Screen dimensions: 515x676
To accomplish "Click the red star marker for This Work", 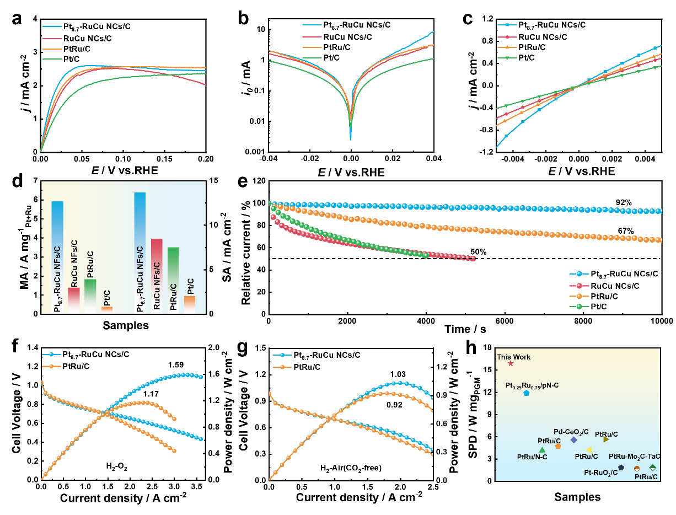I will point(511,363).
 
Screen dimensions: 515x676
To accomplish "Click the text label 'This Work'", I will point(514,357).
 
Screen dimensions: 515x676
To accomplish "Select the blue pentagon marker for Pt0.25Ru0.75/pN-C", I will point(527,393).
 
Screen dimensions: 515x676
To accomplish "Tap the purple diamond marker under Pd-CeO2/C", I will point(574,440).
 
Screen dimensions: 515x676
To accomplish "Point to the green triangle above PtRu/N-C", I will point(542,450).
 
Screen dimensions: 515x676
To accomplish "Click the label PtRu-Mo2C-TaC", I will point(634,457).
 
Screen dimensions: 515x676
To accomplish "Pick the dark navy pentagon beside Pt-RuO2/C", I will point(621,468).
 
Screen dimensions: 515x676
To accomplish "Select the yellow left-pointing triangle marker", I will point(589,450).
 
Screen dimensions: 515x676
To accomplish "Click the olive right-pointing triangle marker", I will point(606,439).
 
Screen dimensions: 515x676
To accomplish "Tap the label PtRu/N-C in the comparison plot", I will point(532,457).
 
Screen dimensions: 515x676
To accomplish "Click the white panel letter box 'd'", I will point(12,180).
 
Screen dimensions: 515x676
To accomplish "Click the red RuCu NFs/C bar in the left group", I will point(74,300).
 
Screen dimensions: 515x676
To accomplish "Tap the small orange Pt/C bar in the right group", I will point(190,304).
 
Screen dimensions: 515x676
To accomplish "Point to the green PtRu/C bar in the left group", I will point(90,296).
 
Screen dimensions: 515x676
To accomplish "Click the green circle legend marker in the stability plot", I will point(579,307).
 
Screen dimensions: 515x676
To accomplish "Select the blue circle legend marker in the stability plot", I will point(579,273).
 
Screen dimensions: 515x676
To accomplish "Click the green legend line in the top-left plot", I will point(52,59).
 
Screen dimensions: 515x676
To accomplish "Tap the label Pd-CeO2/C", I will point(571,432).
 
